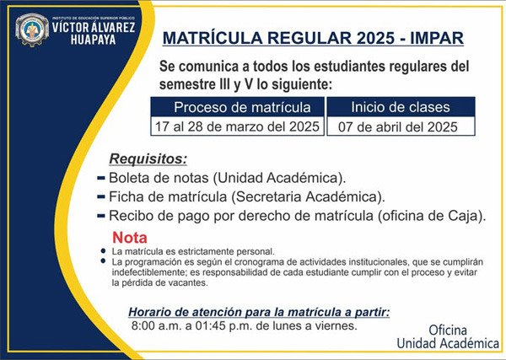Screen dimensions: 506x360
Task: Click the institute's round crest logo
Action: pos(32,30)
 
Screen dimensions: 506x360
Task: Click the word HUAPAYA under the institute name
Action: pos(93,40)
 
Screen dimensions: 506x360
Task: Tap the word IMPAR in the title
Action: pos(437,38)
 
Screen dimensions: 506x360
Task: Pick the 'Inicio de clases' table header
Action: pos(401,107)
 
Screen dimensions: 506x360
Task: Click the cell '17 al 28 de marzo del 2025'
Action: pos(238,126)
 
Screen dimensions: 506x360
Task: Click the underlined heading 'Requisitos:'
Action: pos(148,159)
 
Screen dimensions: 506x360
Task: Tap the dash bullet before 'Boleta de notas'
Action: pos(101,178)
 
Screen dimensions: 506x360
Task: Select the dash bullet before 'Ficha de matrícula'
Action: pos(101,196)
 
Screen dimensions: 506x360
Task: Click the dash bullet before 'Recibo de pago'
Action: pos(101,216)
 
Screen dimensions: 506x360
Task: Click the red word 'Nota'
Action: pos(130,238)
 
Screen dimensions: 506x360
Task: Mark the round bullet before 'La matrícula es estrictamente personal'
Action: pos(103,250)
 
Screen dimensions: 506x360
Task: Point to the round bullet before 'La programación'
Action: pos(103,261)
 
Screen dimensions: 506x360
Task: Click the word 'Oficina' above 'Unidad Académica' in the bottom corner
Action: pos(448,330)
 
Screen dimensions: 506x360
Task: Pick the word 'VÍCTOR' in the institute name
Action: pos(73,27)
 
